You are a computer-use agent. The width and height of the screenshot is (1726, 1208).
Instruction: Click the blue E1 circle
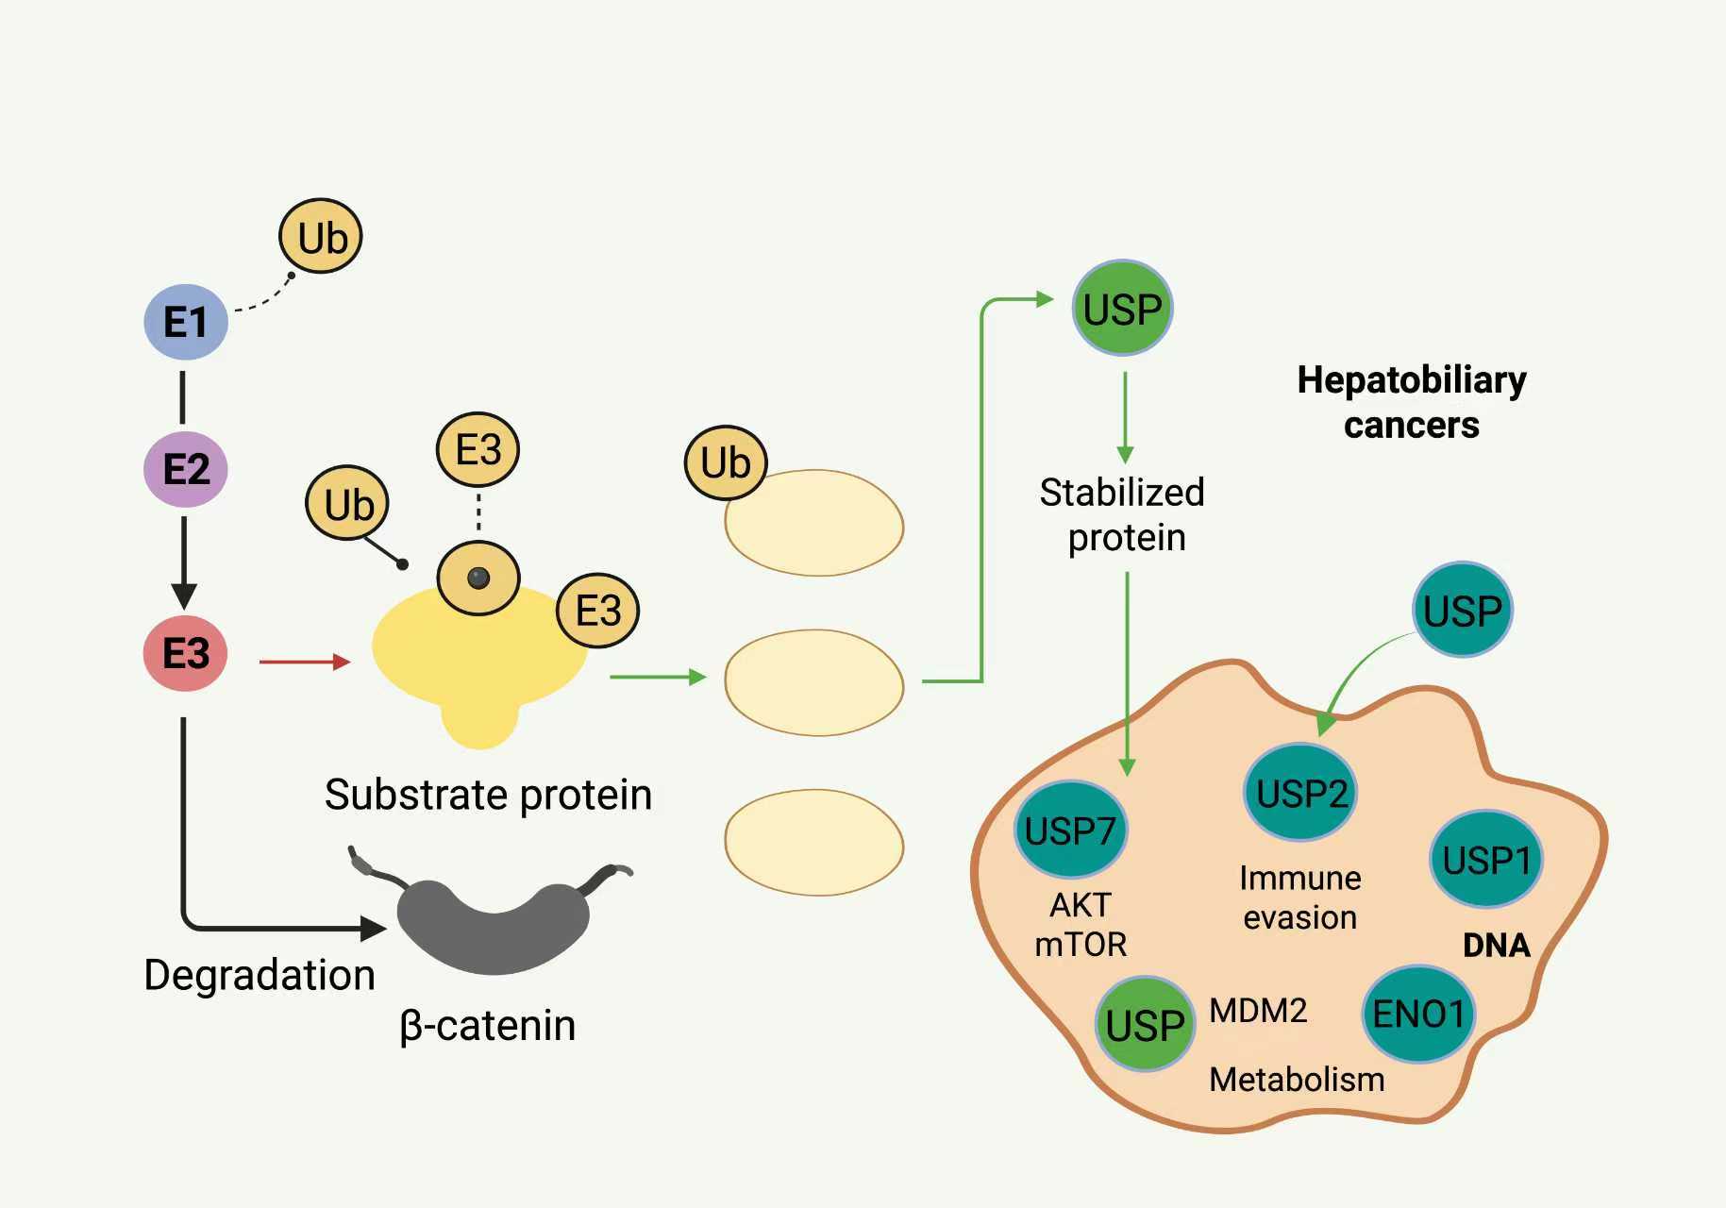tap(186, 322)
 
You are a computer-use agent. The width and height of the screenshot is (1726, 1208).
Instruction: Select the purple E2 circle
tap(186, 469)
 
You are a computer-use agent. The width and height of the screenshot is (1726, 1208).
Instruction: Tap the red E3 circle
tap(185, 653)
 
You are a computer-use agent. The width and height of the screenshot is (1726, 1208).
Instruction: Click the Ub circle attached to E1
tap(321, 237)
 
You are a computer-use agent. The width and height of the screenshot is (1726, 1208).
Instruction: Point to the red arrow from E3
tap(304, 662)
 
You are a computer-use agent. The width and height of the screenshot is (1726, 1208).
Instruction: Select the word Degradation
tap(260, 975)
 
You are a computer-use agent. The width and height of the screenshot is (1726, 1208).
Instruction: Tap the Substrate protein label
tap(488, 795)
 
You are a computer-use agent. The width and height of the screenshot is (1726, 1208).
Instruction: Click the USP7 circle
tap(1070, 830)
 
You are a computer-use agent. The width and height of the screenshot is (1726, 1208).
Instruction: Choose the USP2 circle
tap(1301, 793)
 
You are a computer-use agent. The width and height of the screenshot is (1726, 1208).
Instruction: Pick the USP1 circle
tap(1486, 860)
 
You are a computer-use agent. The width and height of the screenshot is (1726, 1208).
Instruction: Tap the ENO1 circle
tap(1418, 1015)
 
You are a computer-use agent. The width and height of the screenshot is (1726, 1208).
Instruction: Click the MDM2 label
tap(1258, 1011)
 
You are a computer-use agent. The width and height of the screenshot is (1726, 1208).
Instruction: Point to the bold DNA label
tap(1496, 945)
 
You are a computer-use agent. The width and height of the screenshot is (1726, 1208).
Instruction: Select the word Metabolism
tap(1297, 1079)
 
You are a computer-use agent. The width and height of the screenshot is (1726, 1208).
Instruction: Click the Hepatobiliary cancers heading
tap(1412, 402)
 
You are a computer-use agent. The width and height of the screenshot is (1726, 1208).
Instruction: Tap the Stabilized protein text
tap(1123, 514)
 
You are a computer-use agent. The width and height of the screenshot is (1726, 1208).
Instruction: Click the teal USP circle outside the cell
tap(1462, 611)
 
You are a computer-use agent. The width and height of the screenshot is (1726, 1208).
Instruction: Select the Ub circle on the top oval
tap(725, 462)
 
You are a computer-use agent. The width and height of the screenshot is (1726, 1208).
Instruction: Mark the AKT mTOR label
tap(1081, 924)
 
